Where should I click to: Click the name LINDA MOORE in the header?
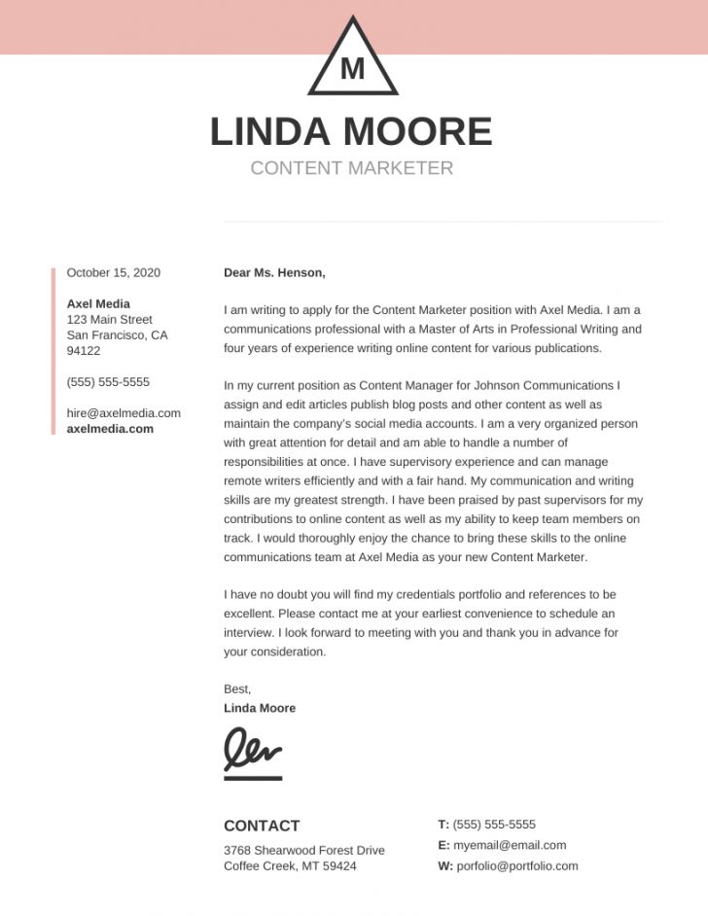[x=351, y=131]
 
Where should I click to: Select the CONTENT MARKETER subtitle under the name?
[x=351, y=168]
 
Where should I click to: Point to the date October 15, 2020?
[x=113, y=273]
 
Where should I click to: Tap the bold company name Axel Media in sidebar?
[x=98, y=303]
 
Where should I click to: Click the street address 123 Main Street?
[x=109, y=320]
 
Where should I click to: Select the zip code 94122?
[x=84, y=351]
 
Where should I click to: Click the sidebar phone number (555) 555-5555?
[x=108, y=382]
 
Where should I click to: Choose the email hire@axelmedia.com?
[x=124, y=413]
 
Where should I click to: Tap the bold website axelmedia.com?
[x=110, y=429]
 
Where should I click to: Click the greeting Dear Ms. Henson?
[x=274, y=273]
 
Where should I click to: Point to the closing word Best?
[x=237, y=689]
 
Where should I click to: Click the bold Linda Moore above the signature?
[x=260, y=708]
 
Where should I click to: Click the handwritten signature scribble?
[x=253, y=749]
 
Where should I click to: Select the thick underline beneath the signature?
[x=253, y=778]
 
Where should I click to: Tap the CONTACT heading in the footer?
[x=262, y=826]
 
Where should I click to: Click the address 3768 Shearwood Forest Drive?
[x=303, y=850]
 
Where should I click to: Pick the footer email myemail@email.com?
[x=510, y=845]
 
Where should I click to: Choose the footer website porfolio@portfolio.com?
[x=515, y=865]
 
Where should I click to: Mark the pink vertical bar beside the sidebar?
[x=53, y=350]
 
